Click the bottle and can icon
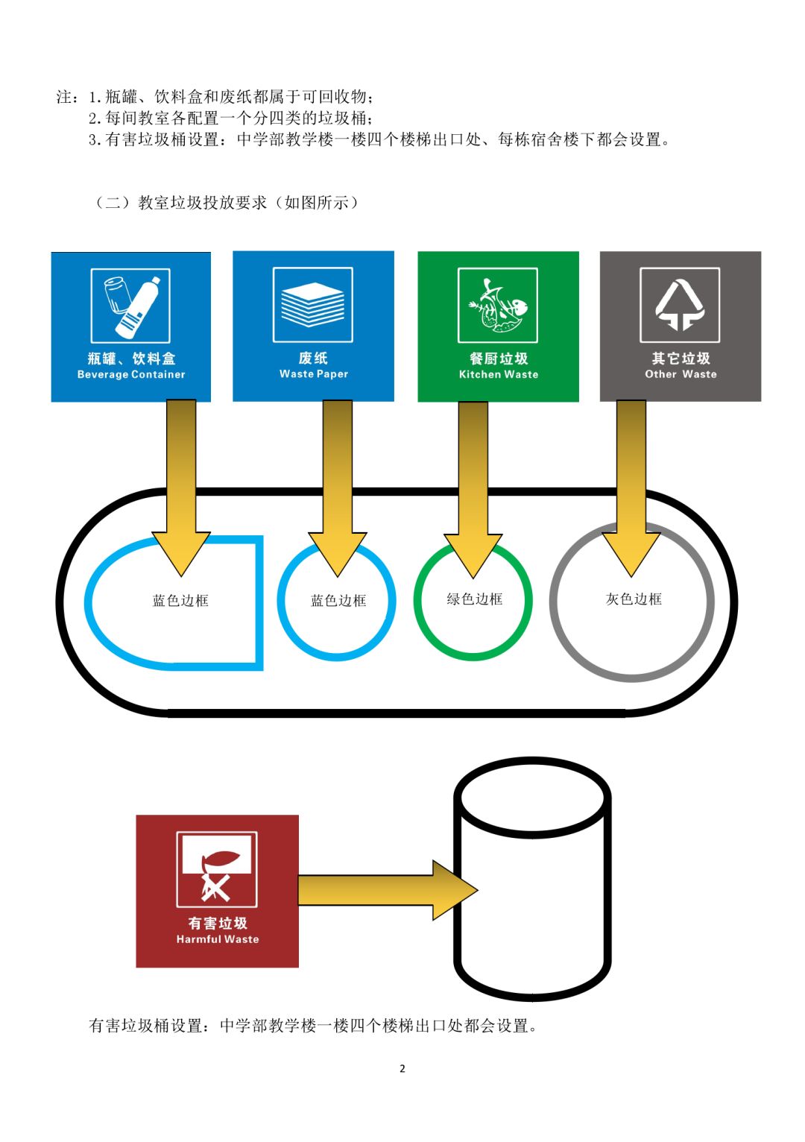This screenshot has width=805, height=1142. click(x=130, y=305)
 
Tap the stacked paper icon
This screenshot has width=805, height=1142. click(x=313, y=305)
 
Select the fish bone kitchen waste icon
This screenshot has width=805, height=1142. click(x=498, y=305)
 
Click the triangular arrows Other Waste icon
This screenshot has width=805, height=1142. click(x=680, y=305)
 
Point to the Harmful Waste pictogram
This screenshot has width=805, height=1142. click(x=217, y=869)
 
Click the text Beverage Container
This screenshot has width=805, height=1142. click(x=131, y=374)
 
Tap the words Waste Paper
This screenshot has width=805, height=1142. click(x=314, y=374)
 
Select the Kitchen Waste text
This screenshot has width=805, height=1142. click(x=499, y=374)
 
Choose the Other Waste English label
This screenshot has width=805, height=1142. click(x=681, y=374)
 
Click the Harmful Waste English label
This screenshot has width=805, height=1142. click(x=218, y=939)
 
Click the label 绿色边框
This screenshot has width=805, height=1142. click(x=475, y=599)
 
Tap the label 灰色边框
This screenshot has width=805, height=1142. click(x=634, y=599)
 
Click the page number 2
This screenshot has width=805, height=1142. click(x=402, y=1069)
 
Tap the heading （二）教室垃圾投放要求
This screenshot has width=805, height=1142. click(x=227, y=203)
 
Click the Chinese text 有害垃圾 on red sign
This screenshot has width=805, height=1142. click(x=218, y=923)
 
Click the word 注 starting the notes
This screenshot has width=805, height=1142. click(x=65, y=97)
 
